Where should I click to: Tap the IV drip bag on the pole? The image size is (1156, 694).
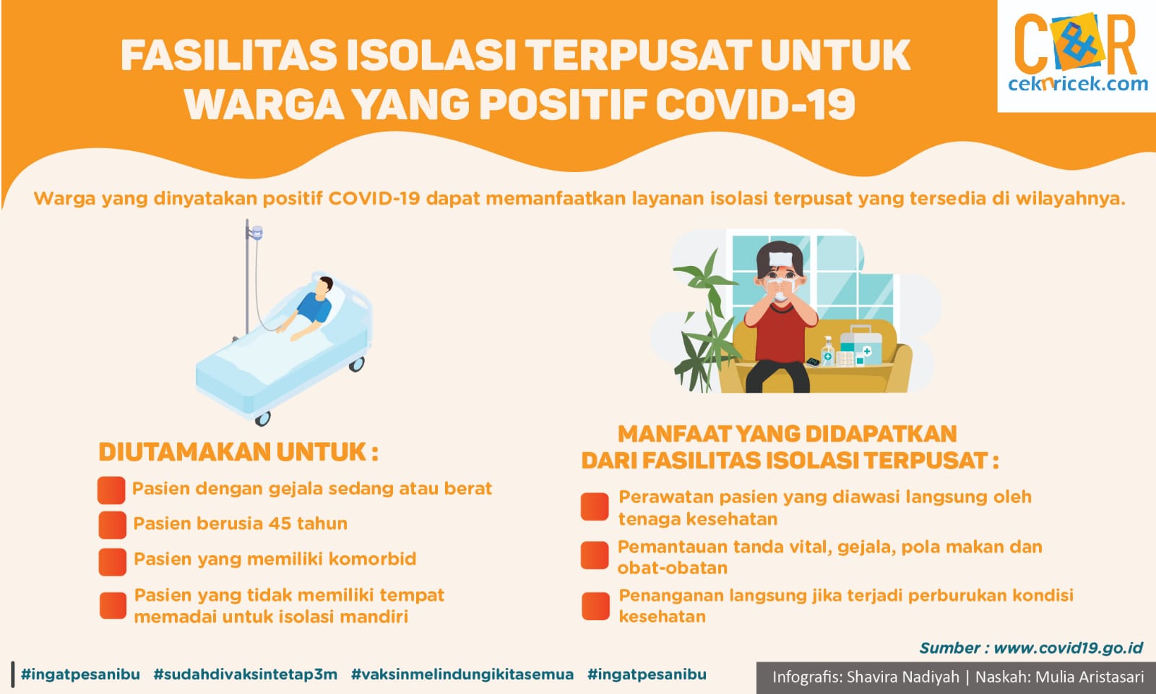tap(257, 233)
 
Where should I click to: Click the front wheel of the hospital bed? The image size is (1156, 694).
tap(263, 419)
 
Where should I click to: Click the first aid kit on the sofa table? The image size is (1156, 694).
tap(860, 343)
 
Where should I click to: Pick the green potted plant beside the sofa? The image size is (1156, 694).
tap(707, 320)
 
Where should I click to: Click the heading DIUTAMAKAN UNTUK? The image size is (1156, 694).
tap(238, 452)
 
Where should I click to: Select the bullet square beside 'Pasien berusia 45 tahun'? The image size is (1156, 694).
tap(112, 525)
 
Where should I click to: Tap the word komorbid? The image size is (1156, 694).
tap(372, 559)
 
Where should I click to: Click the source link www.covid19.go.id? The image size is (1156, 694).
tap(1069, 648)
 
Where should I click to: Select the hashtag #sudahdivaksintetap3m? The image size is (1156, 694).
tap(246, 674)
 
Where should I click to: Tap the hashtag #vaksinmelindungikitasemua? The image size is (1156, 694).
tap(462, 674)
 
